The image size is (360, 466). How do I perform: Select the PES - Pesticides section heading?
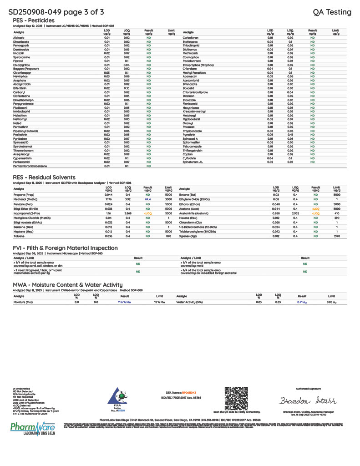[34, 20]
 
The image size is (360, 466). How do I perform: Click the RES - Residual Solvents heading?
[44, 177]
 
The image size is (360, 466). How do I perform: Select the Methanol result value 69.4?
[147, 199]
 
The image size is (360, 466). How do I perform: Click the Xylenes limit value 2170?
[336, 237]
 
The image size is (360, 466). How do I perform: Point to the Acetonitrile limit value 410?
[336, 213]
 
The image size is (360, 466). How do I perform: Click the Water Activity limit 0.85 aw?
[331, 302]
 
